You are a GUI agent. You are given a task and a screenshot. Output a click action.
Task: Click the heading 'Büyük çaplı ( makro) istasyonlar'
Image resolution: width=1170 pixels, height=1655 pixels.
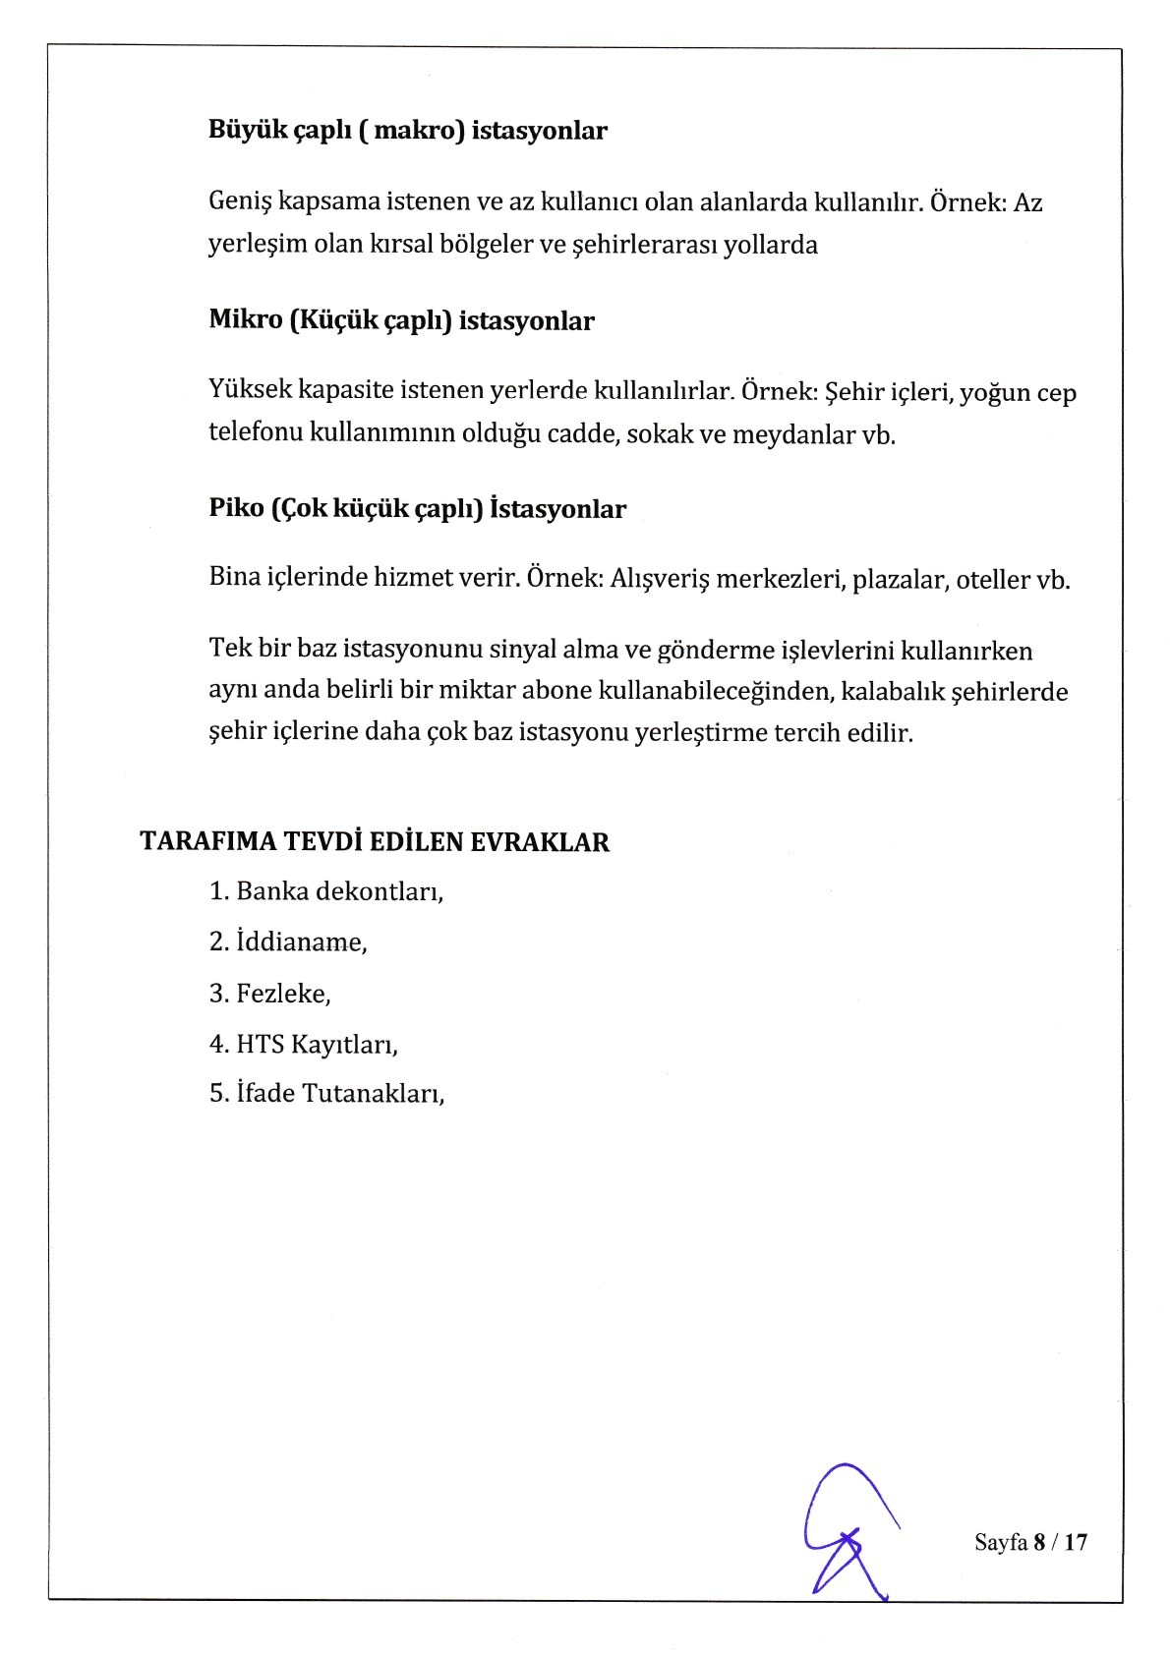pyautogui.click(x=408, y=131)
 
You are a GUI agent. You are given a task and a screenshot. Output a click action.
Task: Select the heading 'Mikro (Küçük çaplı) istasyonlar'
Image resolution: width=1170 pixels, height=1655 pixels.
pyautogui.click(x=401, y=321)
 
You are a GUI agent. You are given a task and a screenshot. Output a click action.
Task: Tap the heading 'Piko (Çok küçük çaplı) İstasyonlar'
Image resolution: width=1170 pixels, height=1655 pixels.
pyautogui.click(x=417, y=509)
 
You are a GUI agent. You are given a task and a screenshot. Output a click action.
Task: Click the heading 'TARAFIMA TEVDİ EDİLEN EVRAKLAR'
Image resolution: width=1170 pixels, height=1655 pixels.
pyautogui.click(x=375, y=842)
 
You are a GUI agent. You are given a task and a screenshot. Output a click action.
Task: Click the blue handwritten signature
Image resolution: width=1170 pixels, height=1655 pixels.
pyautogui.click(x=846, y=1533)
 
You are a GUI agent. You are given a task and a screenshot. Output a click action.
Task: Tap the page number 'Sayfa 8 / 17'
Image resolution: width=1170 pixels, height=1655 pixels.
pyautogui.click(x=1030, y=1542)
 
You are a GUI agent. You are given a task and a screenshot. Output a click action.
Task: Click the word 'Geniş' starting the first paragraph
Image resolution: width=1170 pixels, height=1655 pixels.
pyautogui.click(x=240, y=203)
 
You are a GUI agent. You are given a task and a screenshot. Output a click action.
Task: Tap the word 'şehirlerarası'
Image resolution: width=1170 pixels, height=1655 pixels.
pyautogui.click(x=637, y=245)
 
